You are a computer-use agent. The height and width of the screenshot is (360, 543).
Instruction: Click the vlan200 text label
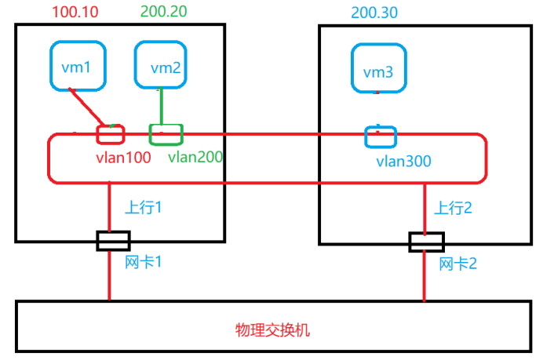(195, 156)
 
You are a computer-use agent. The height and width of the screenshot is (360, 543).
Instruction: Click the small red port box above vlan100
(110, 134)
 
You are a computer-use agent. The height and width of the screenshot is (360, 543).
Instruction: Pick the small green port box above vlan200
(166, 134)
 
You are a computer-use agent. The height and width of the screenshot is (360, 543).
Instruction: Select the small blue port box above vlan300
(381, 136)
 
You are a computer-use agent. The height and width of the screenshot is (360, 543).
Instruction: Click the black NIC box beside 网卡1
(113, 241)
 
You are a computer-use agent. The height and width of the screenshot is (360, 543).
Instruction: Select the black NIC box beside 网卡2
(426, 242)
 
